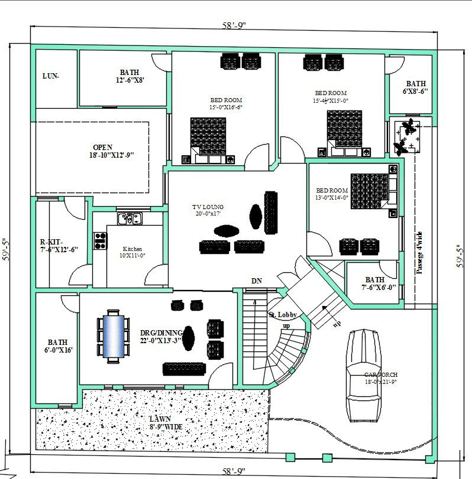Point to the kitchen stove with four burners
click(100, 241)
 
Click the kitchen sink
click(130, 219)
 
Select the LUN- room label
click(51, 76)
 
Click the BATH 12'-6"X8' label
click(130, 76)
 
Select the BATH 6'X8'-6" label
click(415, 87)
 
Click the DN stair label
click(257, 281)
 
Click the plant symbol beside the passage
click(406, 136)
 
